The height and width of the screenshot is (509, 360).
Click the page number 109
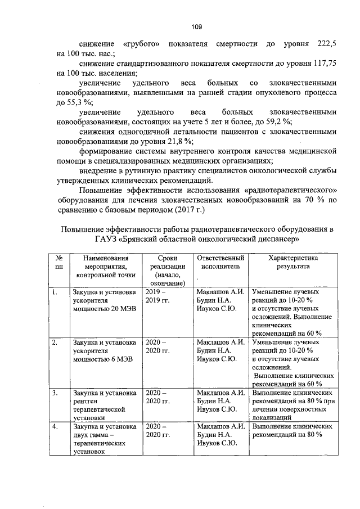196,26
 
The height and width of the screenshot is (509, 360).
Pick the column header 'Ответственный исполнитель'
220,262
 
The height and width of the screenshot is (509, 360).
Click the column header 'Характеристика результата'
293,262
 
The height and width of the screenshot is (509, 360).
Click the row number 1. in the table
55,292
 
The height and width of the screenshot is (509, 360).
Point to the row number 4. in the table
55,426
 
